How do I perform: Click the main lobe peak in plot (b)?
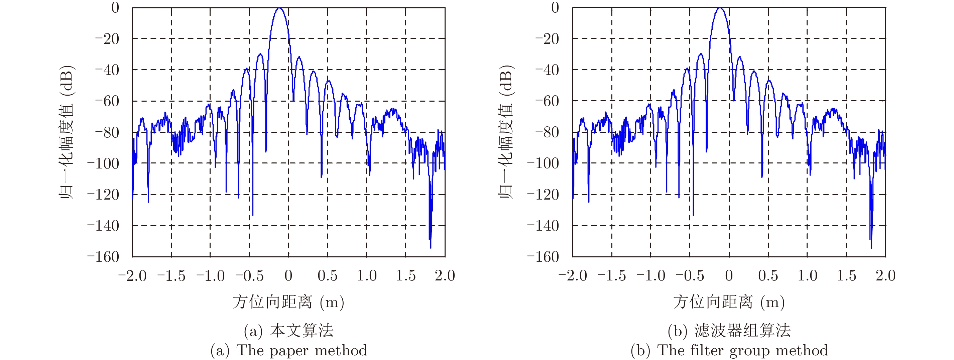(720, 8)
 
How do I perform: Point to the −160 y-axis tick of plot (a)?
(103, 257)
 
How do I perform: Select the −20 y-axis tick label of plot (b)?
(547, 38)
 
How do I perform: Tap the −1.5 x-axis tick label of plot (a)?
(171, 276)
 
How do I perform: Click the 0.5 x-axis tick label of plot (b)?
(768, 276)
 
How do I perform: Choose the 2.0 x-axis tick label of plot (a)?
(445, 276)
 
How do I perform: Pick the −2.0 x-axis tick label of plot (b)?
(573, 276)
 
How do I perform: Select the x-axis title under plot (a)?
(288, 302)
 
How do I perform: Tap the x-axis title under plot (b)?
(729, 302)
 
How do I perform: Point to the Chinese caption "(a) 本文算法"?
(289, 330)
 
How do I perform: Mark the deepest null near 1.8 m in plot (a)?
(430, 247)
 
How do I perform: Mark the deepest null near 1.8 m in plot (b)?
(871, 247)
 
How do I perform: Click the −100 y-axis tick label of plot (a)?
(103, 163)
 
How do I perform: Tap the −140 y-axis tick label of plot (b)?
(543, 226)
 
